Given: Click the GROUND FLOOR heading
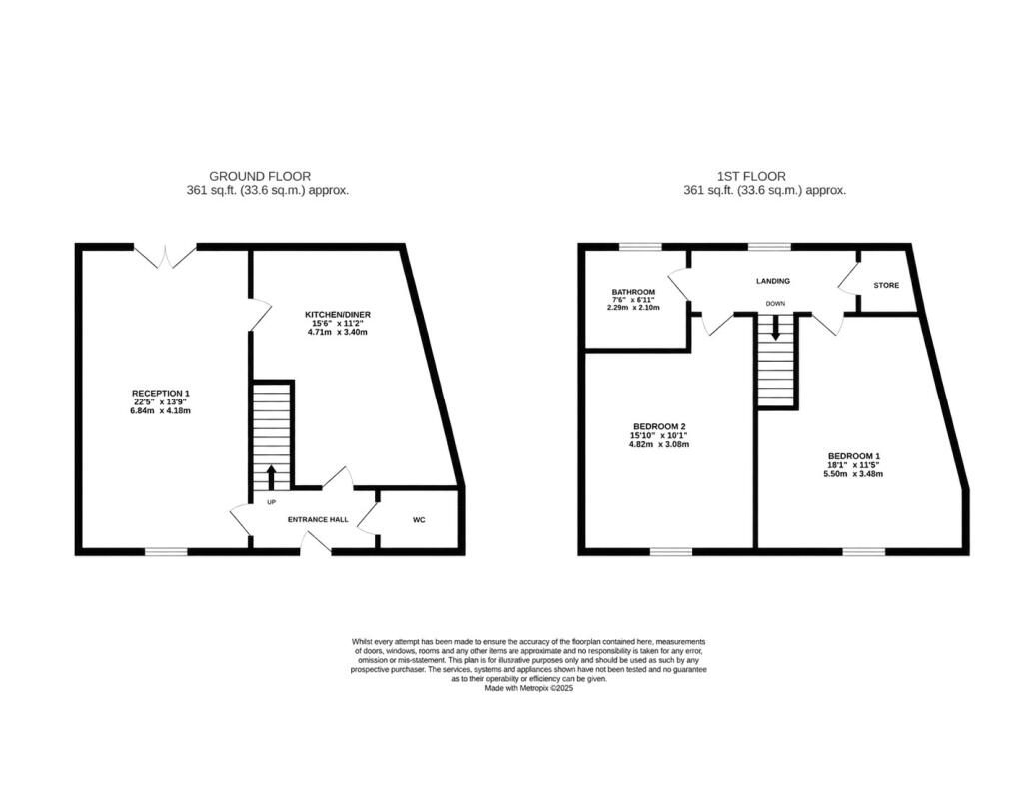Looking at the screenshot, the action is click(x=260, y=176).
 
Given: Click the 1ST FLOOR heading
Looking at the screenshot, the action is click(x=751, y=176).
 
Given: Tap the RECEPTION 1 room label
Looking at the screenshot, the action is click(x=161, y=393).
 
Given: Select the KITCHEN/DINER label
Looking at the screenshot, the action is click(x=338, y=315).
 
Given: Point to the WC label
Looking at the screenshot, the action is click(x=419, y=520).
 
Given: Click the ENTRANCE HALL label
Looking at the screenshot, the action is click(x=318, y=520).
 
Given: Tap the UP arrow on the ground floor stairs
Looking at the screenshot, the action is click(x=272, y=477).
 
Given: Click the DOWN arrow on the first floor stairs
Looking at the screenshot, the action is click(x=775, y=327).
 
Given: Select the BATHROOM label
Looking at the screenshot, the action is click(x=633, y=292).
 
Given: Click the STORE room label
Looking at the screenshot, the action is click(x=886, y=285).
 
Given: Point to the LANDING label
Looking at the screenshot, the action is click(x=773, y=281).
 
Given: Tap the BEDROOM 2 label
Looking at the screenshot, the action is click(x=659, y=426).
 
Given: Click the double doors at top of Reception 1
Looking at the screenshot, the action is click(x=165, y=255).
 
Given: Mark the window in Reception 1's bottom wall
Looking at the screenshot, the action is click(x=166, y=552).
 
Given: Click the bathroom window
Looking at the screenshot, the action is click(x=640, y=247).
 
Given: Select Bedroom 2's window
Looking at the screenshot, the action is click(x=670, y=552).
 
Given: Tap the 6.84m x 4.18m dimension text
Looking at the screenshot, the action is click(x=161, y=411).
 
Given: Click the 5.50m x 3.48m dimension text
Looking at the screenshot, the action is click(x=853, y=474).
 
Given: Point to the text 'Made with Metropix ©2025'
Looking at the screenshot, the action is click(x=528, y=688).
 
